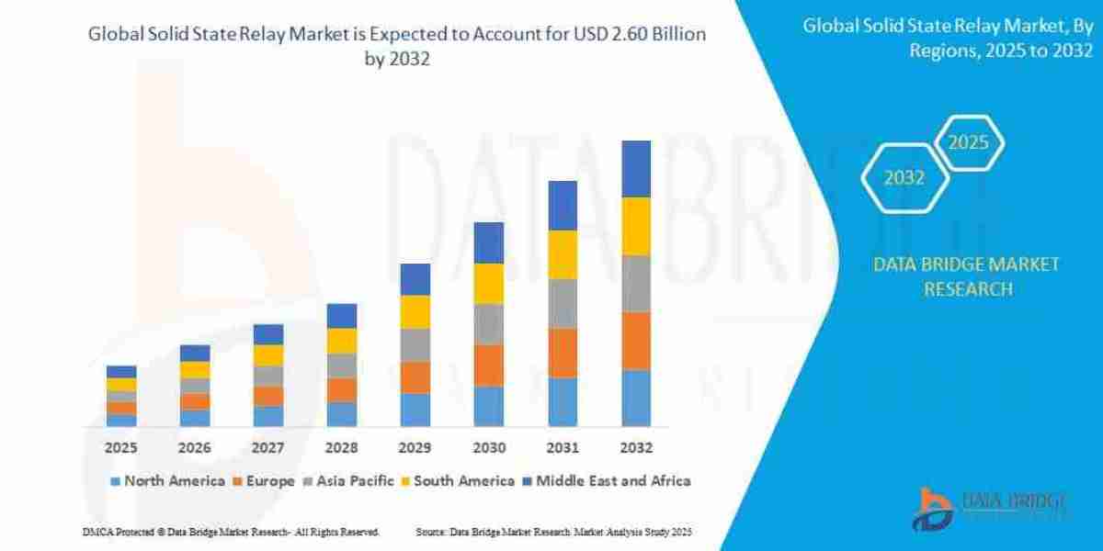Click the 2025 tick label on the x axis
coord(120,448)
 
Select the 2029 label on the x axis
coord(415,448)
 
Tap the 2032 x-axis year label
coord(636,448)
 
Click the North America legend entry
coord(166,481)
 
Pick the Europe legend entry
coord(264,481)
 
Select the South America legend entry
coord(457,481)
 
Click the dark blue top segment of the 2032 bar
coord(636,169)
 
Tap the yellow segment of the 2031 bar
coord(563,254)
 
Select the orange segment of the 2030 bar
coord(489,365)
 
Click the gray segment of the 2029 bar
coord(415,344)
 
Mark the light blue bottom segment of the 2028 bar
coord(342,414)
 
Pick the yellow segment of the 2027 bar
coord(268,355)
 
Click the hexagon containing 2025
coord(968,143)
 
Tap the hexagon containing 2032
coord(904,178)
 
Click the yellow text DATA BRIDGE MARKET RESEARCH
coord(966,276)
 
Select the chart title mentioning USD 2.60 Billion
coord(396,46)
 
